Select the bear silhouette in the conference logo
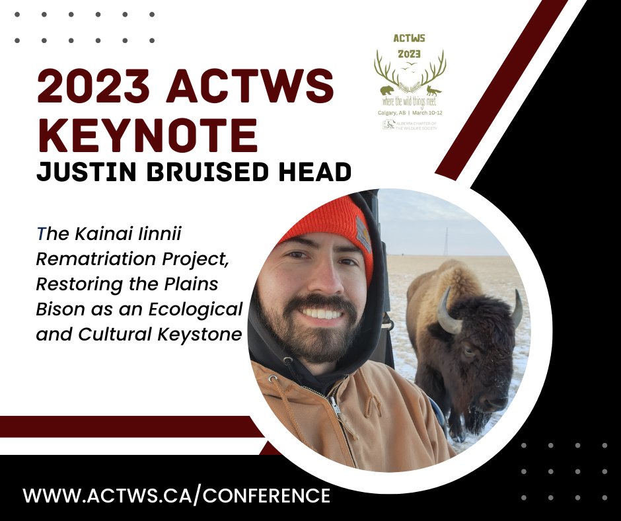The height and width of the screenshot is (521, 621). coord(386,89)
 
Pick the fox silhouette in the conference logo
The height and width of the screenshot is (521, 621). coord(433,90)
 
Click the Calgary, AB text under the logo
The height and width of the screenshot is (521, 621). coord(387,113)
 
